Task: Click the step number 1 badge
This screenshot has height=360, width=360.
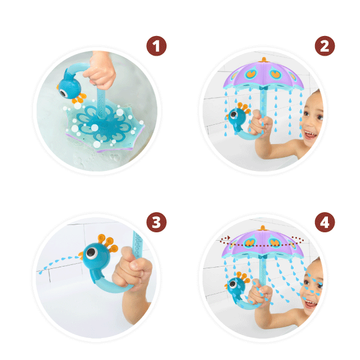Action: coord(156,46)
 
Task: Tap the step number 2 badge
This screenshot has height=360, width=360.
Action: coord(325,46)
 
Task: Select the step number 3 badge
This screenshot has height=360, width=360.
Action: coord(156,222)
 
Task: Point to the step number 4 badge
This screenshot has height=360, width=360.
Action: coord(325,222)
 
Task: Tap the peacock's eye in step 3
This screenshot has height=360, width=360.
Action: coord(91,253)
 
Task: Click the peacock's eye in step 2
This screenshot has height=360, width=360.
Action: coord(234,114)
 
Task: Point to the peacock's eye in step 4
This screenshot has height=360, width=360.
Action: coord(233,284)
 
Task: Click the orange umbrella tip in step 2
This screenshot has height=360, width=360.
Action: coord(264,60)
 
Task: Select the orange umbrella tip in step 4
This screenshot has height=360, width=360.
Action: coord(263,228)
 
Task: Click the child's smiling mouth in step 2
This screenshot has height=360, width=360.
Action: coord(310,135)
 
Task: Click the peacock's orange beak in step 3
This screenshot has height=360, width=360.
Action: coord(80,255)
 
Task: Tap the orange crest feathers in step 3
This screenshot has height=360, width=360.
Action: coord(108,243)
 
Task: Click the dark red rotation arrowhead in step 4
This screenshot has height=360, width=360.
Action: coord(228,237)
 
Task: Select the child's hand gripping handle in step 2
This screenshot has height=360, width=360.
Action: coord(260,123)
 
